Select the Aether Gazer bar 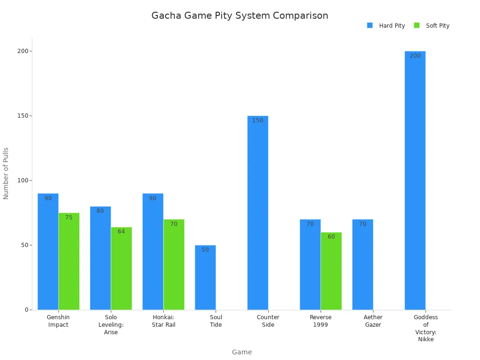click(363, 265)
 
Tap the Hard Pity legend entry click(386, 26)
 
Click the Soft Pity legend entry click(432, 26)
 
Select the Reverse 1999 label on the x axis click(321, 321)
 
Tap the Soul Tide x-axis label click(216, 321)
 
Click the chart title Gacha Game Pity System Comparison click(240, 15)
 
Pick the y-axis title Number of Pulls click(6, 173)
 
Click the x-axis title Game click(242, 352)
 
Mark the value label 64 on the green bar click(121, 232)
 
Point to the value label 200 click(415, 56)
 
